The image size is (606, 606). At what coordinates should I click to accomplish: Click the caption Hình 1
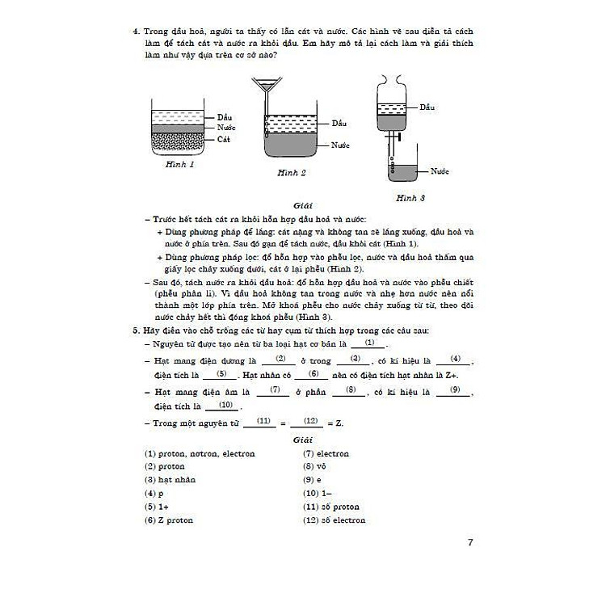[179, 164]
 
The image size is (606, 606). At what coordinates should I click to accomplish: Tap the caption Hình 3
[410, 197]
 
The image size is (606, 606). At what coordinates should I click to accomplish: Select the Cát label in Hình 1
[225, 140]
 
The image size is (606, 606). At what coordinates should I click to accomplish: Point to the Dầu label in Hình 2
[339, 124]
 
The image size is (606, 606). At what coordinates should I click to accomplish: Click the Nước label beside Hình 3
[440, 172]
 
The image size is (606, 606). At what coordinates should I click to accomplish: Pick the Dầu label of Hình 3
[427, 107]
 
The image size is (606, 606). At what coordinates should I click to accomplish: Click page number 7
[471, 542]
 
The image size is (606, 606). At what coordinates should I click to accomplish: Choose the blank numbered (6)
[314, 374]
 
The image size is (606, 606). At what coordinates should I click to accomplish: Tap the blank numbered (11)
[261, 422]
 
